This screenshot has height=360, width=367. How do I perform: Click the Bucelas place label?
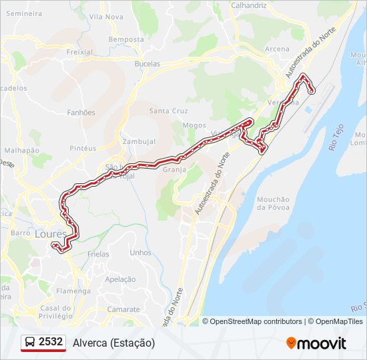[x=147, y=64]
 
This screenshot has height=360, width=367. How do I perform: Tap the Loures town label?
[x=51, y=234]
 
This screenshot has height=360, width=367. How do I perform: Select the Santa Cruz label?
[x=168, y=111]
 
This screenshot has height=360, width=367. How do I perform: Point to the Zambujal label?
[x=139, y=141]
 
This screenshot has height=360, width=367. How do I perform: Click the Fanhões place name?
[x=81, y=113]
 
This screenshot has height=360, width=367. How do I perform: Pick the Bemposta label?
[x=126, y=39]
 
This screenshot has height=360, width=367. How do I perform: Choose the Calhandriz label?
[x=248, y=5]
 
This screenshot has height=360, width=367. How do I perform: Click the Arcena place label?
[x=277, y=49]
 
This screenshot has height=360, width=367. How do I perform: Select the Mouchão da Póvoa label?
[x=273, y=203]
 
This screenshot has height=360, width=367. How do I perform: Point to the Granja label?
[x=173, y=169]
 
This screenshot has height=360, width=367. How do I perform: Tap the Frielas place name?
[x=98, y=255]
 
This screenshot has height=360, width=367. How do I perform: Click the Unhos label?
[x=141, y=253]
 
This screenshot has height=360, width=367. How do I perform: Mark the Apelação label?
[x=121, y=279]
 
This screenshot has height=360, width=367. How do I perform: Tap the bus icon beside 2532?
[x=30, y=343]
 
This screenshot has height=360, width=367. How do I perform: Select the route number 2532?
[x=51, y=342]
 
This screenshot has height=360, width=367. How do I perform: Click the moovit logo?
[x=316, y=343]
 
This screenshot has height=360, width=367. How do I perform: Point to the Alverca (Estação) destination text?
[x=113, y=343]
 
